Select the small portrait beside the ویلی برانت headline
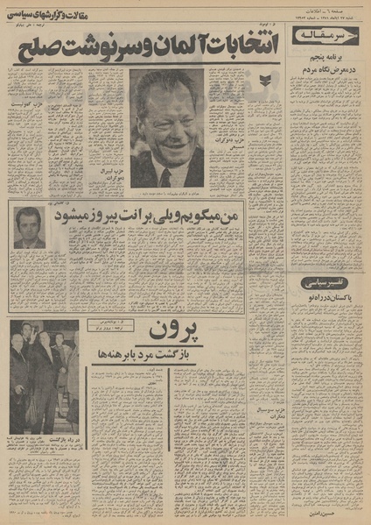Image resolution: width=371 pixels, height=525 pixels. coord(30,228)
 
